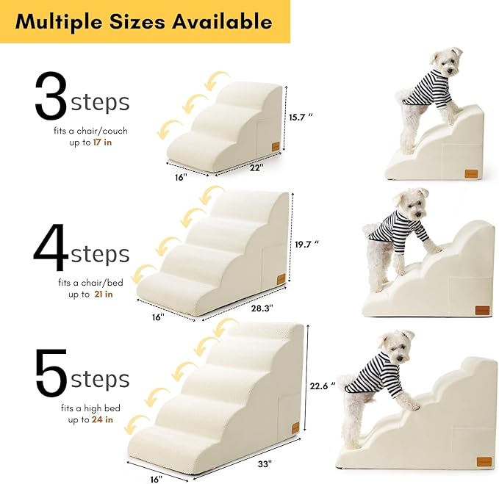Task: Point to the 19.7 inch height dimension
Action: [x=306, y=243]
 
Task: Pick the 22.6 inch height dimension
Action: [x=322, y=384]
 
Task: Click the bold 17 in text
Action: [x=102, y=142]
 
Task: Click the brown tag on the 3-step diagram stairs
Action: [x=274, y=146]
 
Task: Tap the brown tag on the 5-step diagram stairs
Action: [x=295, y=428]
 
